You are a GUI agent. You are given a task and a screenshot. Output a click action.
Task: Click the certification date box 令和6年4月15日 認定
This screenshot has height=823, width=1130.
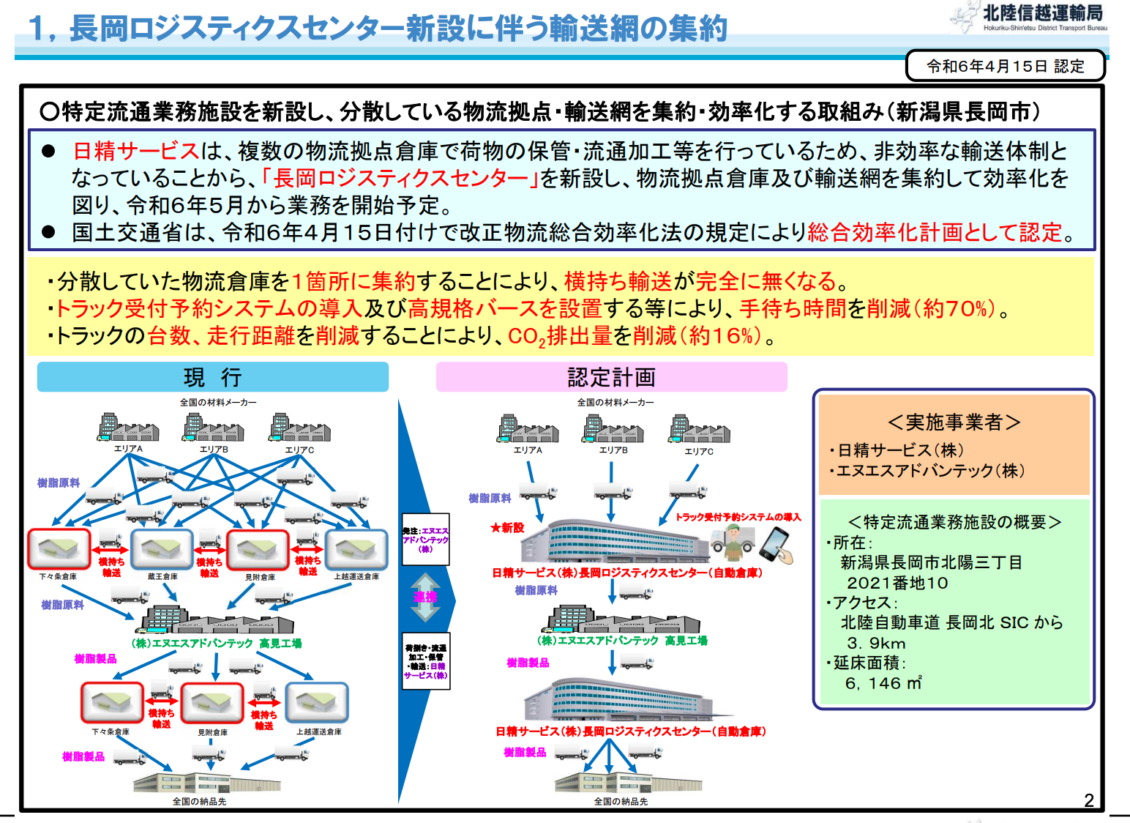coord(1005,66)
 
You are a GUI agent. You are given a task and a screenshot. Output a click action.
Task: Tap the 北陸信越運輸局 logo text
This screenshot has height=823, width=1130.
coord(1042,13)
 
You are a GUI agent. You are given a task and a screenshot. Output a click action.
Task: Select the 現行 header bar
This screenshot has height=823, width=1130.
coord(212,377)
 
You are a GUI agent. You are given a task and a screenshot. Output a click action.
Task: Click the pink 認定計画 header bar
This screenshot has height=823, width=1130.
coord(611,377)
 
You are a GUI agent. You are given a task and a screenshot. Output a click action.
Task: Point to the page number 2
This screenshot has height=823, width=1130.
coord(1088,800)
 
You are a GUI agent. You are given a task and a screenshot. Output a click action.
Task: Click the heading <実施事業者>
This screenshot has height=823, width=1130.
coord(954,422)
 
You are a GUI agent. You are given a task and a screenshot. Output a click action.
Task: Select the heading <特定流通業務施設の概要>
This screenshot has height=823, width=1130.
coord(954,522)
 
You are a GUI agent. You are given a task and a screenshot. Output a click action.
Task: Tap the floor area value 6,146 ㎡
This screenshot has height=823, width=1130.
coord(883,683)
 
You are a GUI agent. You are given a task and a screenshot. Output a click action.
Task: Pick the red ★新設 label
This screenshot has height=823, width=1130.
coord(507,527)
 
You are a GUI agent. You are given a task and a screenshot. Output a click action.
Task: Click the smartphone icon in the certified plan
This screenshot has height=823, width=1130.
coord(776,545)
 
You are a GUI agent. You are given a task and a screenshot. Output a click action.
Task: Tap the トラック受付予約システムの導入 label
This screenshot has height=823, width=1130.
coord(738,517)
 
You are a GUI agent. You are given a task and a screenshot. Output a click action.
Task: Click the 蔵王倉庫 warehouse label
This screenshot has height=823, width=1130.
coord(162,577)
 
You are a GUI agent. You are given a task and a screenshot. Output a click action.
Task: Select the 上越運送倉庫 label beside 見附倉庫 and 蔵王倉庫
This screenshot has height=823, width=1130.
coord(356,577)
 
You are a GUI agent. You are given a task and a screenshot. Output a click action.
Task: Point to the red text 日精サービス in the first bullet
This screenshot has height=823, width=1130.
coord(136,151)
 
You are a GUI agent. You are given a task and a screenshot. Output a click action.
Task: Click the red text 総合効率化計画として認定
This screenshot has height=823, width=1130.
coord(935,232)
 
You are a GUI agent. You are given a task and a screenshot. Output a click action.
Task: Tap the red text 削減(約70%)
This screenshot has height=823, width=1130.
coord(931,308)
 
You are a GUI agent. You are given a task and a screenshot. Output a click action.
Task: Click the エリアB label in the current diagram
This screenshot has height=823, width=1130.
coord(214,450)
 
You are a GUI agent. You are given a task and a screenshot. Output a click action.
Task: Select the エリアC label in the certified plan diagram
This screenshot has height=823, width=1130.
coord(699,451)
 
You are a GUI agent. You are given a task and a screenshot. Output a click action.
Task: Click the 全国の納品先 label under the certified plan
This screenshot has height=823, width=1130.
coord(621,802)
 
